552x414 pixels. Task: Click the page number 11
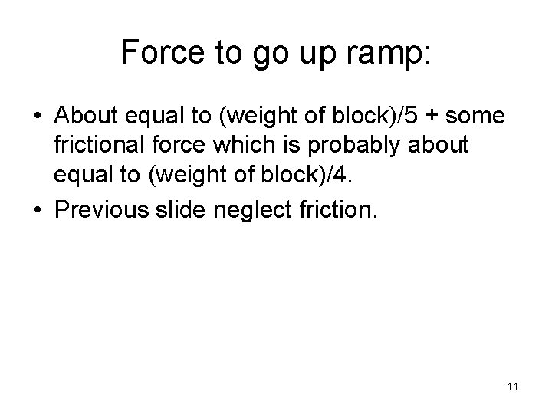click(x=512, y=386)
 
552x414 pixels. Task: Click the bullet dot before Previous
click(x=36, y=209)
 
